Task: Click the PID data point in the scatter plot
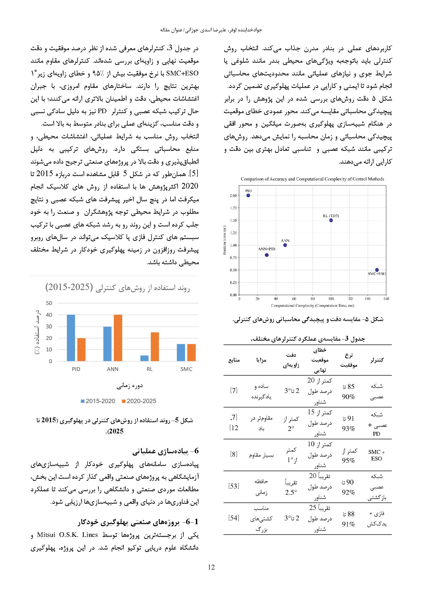[248, 195]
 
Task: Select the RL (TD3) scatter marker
[331, 220]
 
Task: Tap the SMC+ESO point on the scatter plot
[377, 270]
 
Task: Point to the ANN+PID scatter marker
[267, 255]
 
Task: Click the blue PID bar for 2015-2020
[71, 338]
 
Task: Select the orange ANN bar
[118, 338]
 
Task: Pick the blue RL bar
[144, 358]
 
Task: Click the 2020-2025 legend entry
[139, 401]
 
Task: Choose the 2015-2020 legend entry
[98, 401]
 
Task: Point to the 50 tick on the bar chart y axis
[49, 303]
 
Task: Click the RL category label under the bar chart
[150, 369]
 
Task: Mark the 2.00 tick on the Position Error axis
[233, 195]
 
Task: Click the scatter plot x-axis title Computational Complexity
[312, 306]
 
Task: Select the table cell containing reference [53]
[234, 486]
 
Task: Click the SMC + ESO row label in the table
[376, 455]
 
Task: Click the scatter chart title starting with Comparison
[312, 179]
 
